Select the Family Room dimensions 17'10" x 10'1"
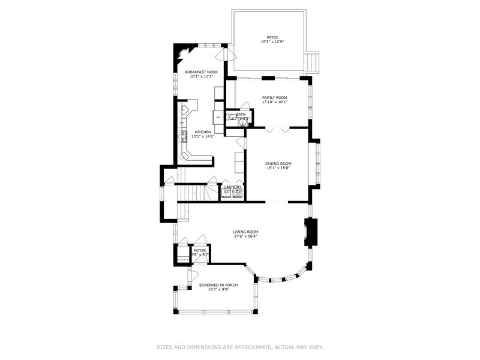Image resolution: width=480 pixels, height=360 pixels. click(x=274, y=102)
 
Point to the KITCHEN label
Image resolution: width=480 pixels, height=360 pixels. click(x=202, y=132)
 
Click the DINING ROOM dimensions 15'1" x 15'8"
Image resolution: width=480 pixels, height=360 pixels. click(x=278, y=168)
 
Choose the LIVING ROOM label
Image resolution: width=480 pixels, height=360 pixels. click(x=245, y=231)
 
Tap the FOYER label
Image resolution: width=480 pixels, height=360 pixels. click(x=199, y=250)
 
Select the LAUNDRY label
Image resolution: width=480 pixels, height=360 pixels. click(x=232, y=187)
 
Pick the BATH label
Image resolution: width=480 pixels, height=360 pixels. click(x=241, y=114)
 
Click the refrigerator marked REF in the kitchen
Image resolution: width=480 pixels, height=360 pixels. click(x=218, y=117)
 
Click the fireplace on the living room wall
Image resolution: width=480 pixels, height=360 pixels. click(x=311, y=233)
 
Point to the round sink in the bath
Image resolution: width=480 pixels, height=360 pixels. click(x=243, y=122)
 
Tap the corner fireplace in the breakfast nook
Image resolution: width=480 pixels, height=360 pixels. click(x=180, y=53)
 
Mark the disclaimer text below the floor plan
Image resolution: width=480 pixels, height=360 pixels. click(x=239, y=347)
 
